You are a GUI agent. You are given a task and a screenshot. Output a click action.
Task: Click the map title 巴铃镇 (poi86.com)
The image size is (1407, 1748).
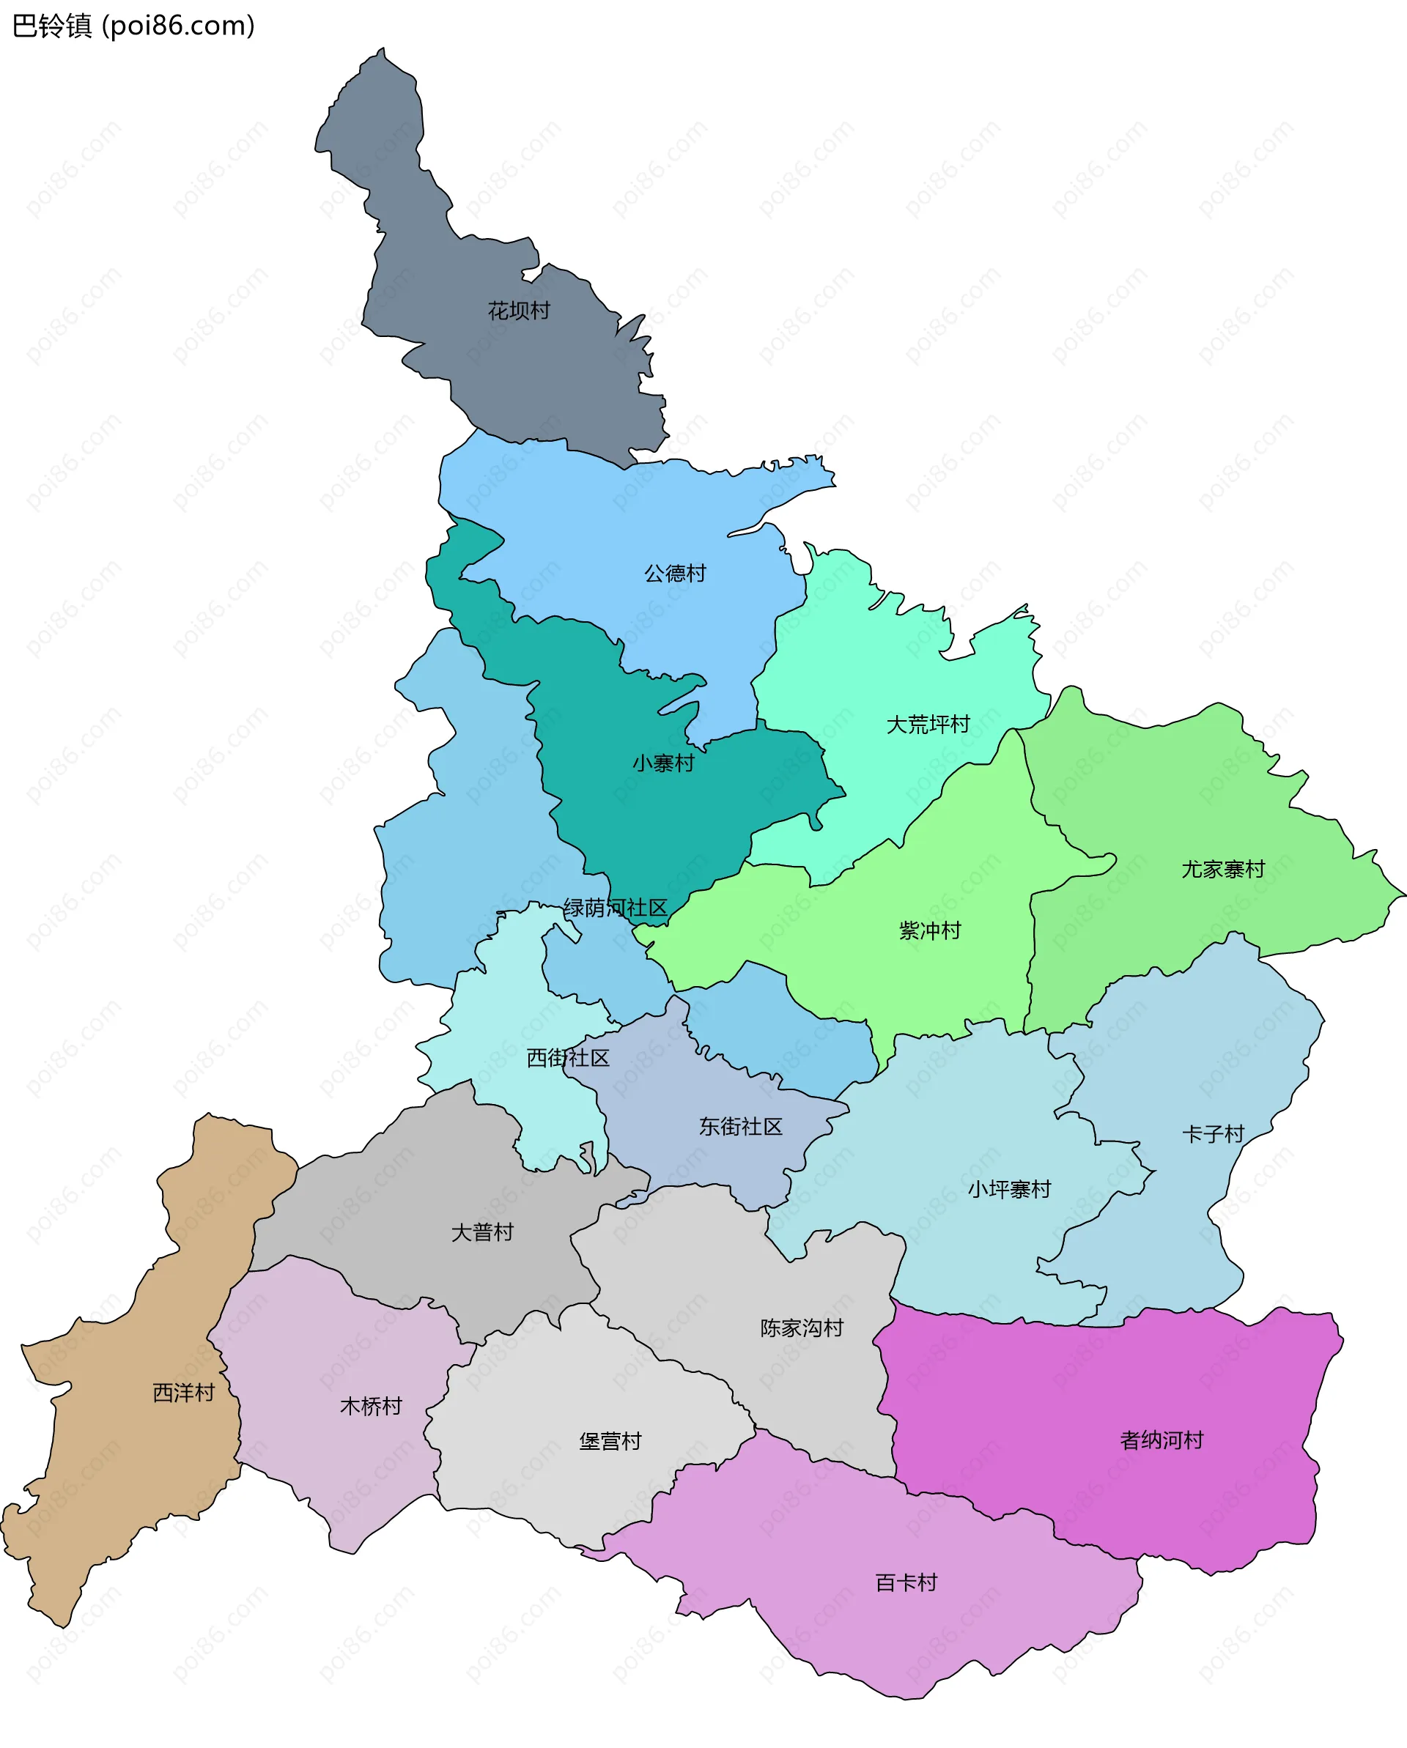coord(134,26)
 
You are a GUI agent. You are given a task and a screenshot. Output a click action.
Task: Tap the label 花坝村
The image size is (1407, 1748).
coord(518,311)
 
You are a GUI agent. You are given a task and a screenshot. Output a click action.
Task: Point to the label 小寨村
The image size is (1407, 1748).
coord(662,763)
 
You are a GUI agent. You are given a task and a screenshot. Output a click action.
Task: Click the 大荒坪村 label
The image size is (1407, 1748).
coord(928,725)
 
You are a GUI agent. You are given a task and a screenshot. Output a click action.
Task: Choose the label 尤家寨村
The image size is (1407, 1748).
coord(1222,870)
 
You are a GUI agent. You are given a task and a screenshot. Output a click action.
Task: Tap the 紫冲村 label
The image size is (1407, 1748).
coord(929,930)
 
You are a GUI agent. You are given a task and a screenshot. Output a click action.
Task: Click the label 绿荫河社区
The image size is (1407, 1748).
coord(615,908)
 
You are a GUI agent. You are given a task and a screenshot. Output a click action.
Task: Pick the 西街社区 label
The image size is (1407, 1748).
coord(568,1058)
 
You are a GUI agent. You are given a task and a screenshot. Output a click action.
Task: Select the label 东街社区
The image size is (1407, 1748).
coord(740,1126)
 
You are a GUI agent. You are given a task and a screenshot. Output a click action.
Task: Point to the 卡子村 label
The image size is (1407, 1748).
coord(1212,1133)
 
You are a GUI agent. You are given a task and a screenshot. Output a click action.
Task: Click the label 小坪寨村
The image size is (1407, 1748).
coord(1009,1189)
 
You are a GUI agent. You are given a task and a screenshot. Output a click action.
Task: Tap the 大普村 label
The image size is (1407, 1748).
coord(482,1232)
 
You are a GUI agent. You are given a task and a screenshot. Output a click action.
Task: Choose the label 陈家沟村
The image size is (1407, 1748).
coord(801,1328)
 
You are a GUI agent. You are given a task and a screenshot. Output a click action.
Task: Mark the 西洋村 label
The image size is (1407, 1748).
coord(183,1393)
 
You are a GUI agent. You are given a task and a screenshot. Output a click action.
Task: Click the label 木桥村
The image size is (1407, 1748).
coord(371,1406)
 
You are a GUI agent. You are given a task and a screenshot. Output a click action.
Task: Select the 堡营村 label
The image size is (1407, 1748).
coord(610,1442)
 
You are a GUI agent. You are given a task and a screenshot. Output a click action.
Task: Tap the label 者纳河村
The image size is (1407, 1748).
coord(1162,1440)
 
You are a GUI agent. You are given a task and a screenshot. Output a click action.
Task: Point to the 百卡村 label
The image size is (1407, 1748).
coord(906,1582)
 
